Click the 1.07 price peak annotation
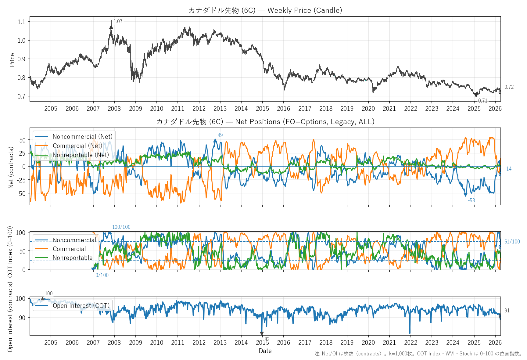(118, 21)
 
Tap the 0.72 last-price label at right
(509, 87)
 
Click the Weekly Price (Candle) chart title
(265, 10)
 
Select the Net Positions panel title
(265, 122)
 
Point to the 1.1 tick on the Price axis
(21, 22)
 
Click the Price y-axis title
(12, 60)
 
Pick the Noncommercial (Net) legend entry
(82, 137)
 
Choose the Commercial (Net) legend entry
(77, 146)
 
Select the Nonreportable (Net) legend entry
(81, 155)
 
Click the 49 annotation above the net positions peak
(220, 135)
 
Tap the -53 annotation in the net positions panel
(471, 200)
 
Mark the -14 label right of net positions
(508, 169)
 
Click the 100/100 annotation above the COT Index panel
(121, 227)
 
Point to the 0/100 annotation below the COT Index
(102, 275)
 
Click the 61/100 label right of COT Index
(512, 242)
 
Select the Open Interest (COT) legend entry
(81, 306)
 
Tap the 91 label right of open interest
(507, 311)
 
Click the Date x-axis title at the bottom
(265, 351)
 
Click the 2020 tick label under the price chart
(368, 109)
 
